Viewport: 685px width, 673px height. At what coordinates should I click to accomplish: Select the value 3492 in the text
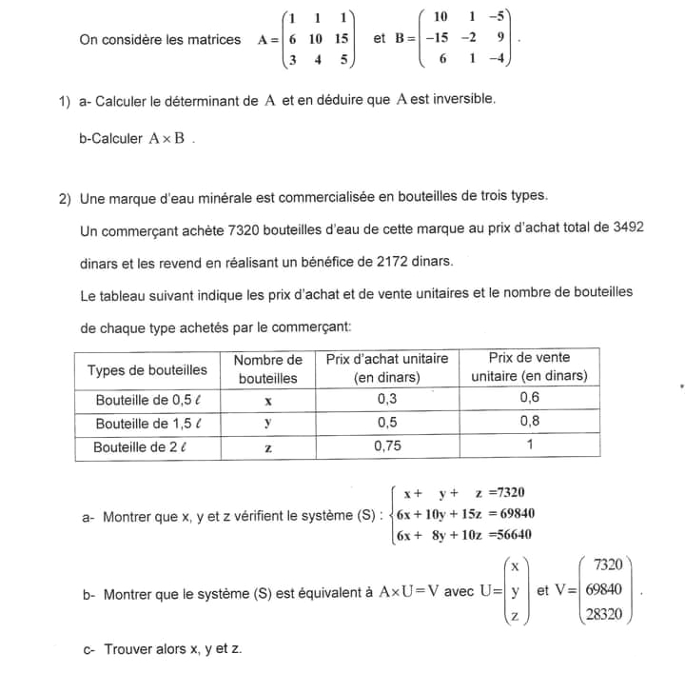click(x=628, y=228)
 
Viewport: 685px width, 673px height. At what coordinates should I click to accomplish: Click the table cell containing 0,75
click(x=387, y=445)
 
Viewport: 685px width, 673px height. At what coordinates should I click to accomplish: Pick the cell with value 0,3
click(x=387, y=399)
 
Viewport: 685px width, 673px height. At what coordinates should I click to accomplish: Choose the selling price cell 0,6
click(x=529, y=399)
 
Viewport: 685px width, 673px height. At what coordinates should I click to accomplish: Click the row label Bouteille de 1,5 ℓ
click(x=147, y=423)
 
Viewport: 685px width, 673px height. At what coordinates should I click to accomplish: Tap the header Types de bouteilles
click(x=147, y=370)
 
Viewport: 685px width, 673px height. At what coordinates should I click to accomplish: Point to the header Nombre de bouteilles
click(x=267, y=368)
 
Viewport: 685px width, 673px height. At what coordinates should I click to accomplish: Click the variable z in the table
click(x=268, y=447)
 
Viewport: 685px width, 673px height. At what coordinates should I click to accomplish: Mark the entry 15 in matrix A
click(x=341, y=39)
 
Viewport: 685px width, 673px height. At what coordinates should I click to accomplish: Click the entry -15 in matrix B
click(x=438, y=39)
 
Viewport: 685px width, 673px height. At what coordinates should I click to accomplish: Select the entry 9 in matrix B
click(x=500, y=39)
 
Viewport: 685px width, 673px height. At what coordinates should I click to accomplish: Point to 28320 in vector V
click(x=604, y=614)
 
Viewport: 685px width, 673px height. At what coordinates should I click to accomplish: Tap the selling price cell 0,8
click(x=529, y=422)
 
